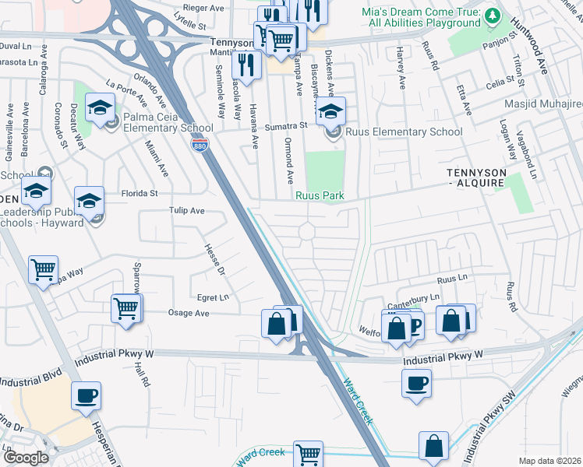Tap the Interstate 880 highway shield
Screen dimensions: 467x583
point(202,145)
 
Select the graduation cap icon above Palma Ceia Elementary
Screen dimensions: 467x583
point(100,107)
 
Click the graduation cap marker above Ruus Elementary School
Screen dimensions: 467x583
point(330,110)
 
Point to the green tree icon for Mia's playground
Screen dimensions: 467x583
point(492,15)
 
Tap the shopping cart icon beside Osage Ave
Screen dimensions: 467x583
point(126,307)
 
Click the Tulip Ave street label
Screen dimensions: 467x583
point(186,211)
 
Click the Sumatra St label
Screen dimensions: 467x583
point(288,125)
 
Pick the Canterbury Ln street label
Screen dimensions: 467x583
point(418,298)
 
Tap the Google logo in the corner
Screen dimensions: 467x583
point(26,457)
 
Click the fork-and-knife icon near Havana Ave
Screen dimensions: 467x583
point(246,65)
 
